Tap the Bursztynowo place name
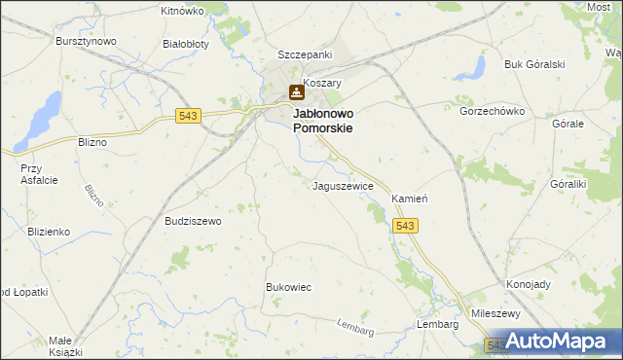point(86,41)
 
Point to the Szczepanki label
point(305,54)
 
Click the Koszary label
point(323,84)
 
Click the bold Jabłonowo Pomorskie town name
point(322,121)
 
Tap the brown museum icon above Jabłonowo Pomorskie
point(296,92)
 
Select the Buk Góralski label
point(534,64)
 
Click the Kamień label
point(410,198)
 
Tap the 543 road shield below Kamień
point(407,226)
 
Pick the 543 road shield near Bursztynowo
point(189,116)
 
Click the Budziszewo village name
point(194,221)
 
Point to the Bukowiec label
point(288,287)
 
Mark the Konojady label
point(529,285)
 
